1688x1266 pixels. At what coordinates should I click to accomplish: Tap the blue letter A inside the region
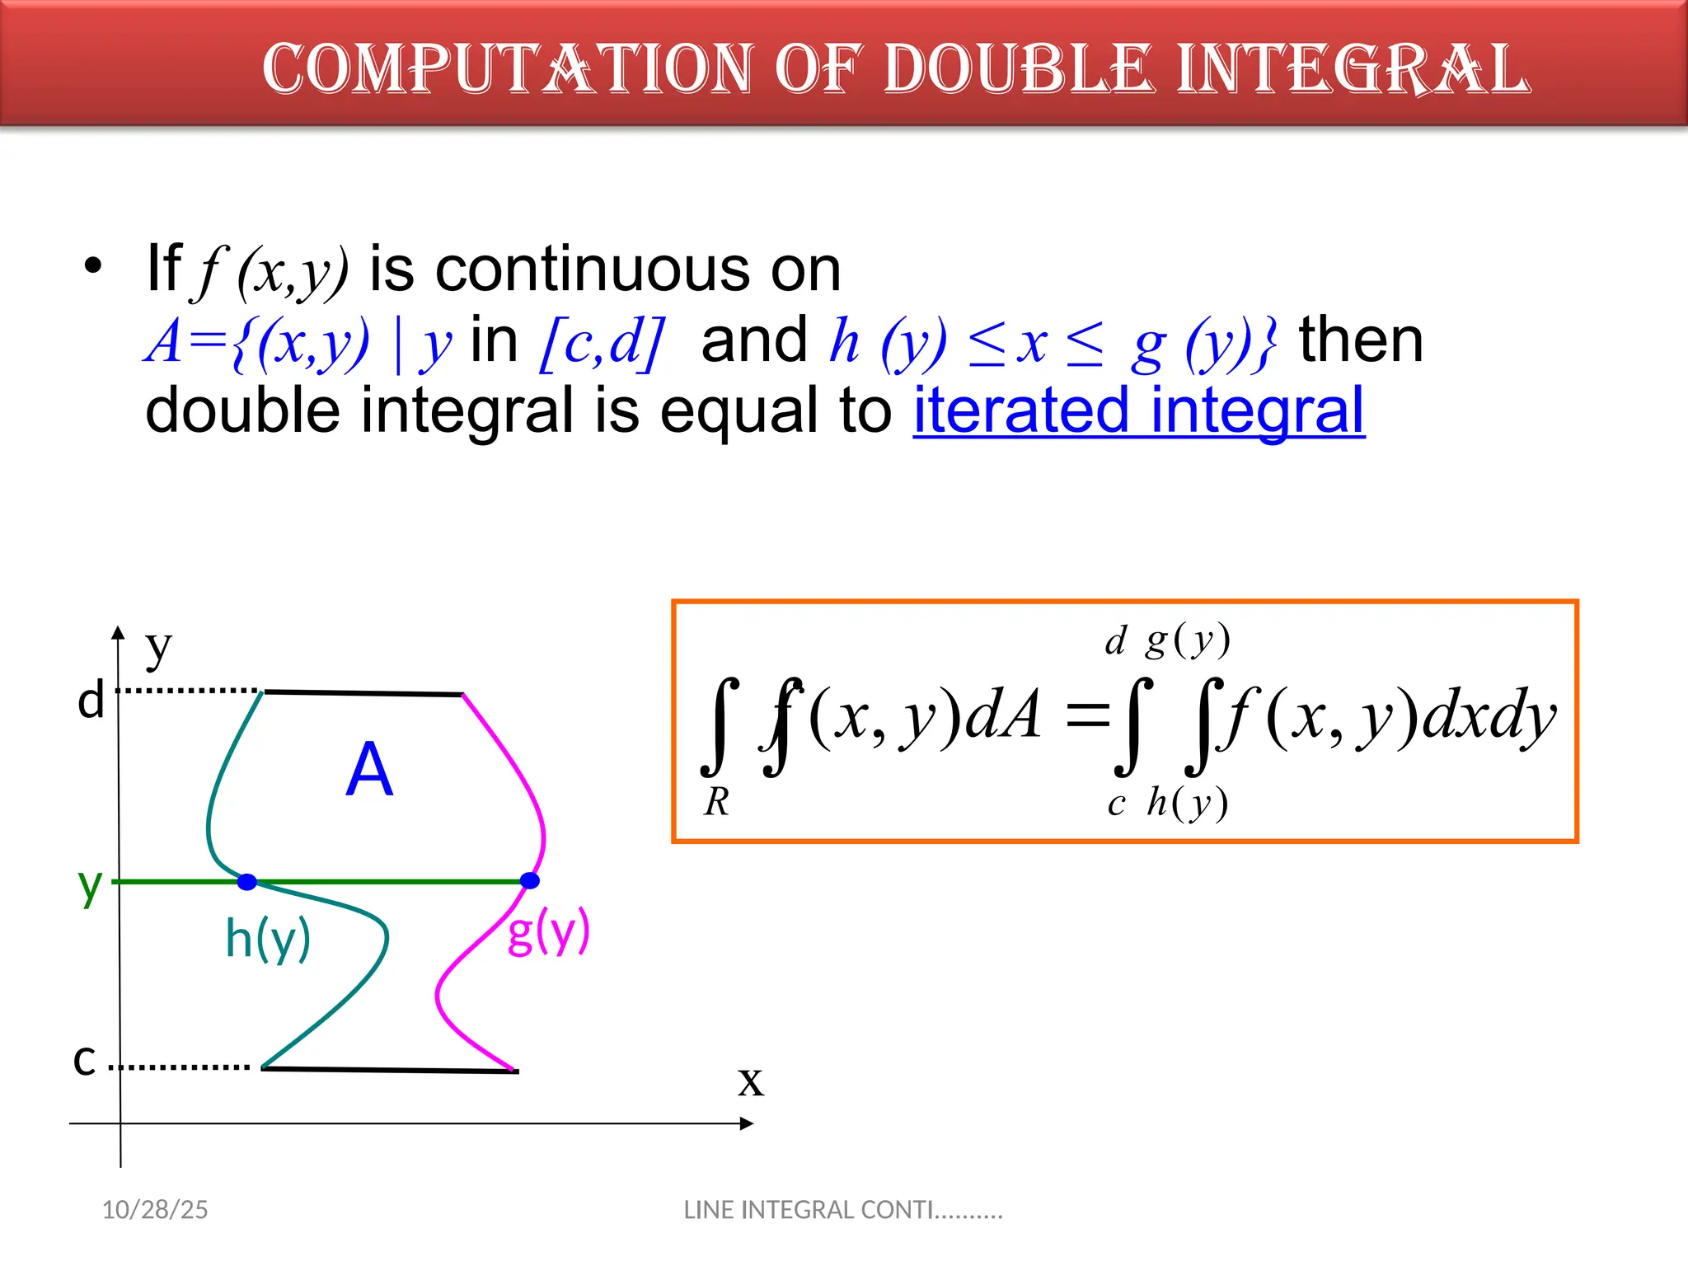tap(369, 769)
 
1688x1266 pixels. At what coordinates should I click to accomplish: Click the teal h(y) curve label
tap(268, 939)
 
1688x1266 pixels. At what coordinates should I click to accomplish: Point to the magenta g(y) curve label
tap(548, 931)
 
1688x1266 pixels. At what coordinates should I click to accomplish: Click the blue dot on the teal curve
tap(247, 882)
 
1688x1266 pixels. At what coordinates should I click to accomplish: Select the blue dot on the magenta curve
tap(530, 881)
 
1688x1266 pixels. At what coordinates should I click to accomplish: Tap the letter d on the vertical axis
tap(91, 701)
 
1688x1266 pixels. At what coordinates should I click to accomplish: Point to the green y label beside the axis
tap(90, 886)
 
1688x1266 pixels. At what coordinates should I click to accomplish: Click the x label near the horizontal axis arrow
tap(750, 1081)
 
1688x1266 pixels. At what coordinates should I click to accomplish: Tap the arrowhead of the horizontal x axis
tap(747, 1123)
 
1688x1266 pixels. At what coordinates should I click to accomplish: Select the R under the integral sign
tap(716, 802)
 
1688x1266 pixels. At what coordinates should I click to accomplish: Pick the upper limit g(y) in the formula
tap(1188, 640)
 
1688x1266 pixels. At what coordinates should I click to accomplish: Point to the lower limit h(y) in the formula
tap(1188, 803)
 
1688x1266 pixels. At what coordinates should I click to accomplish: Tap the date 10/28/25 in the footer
tap(155, 1210)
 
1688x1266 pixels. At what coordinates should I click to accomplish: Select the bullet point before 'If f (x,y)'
tap(93, 266)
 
